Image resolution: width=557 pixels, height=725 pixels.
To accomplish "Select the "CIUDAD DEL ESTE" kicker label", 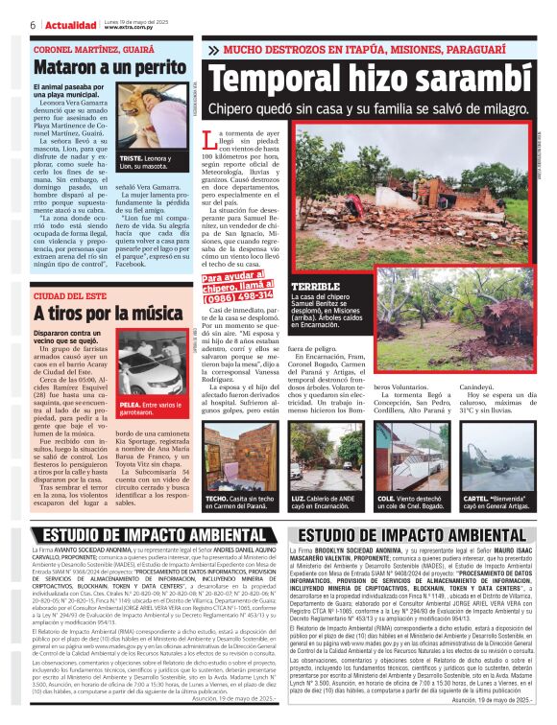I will [68, 294].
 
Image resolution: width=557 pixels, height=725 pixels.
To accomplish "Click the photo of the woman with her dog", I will [155, 117].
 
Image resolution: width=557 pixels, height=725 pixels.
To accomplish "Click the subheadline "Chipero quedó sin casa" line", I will [369, 111].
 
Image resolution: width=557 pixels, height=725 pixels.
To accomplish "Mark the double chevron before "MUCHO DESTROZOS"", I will [212, 50].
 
